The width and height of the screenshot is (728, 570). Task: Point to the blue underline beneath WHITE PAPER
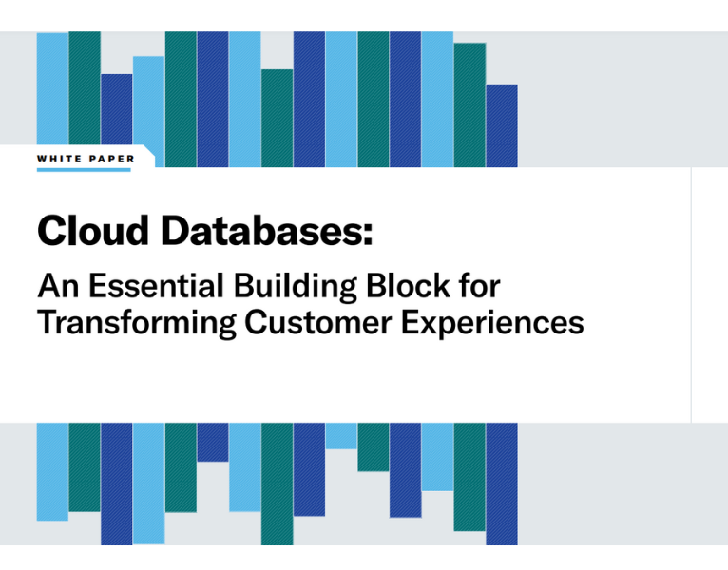pos(84,170)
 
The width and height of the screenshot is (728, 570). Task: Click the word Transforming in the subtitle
pos(136,322)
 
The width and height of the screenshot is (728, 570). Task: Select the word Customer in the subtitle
pos(317,322)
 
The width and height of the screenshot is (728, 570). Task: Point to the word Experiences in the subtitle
pos(492,324)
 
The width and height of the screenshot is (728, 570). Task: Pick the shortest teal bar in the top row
pos(277,118)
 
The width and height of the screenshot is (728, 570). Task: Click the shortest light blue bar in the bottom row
pos(341,436)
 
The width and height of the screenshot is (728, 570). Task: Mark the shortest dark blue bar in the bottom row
pos(213,442)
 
